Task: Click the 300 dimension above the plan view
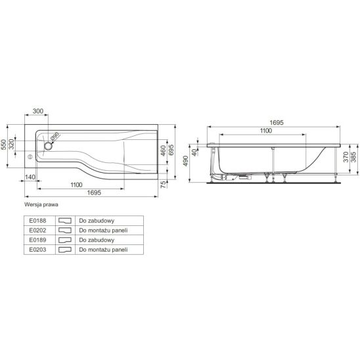click(x=38, y=111)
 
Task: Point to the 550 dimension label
click(x=4, y=145)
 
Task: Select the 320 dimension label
click(x=11, y=144)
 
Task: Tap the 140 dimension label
click(x=30, y=177)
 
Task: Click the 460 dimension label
click(x=163, y=150)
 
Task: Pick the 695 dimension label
click(x=171, y=150)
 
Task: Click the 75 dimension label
click(x=163, y=185)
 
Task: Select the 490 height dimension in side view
click(x=186, y=161)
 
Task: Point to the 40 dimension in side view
click(x=194, y=152)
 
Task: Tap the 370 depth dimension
click(x=346, y=157)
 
